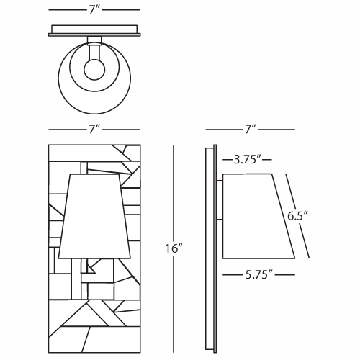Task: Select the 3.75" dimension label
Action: click(x=248, y=160)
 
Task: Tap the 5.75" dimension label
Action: click(x=259, y=275)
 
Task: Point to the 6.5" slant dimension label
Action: click(x=297, y=216)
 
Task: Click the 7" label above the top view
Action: click(x=94, y=10)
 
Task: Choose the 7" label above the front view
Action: click(x=94, y=130)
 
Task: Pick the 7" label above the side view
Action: click(x=250, y=130)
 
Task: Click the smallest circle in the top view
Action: click(x=94, y=70)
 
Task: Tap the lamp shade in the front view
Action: click(x=94, y=216)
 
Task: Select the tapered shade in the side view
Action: click(x=257, y=216)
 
